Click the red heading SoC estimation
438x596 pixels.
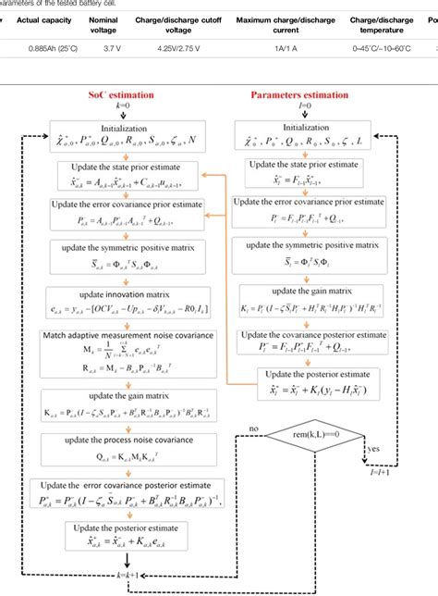(x=128, y=94)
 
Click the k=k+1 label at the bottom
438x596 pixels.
(x=128, y=576)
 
